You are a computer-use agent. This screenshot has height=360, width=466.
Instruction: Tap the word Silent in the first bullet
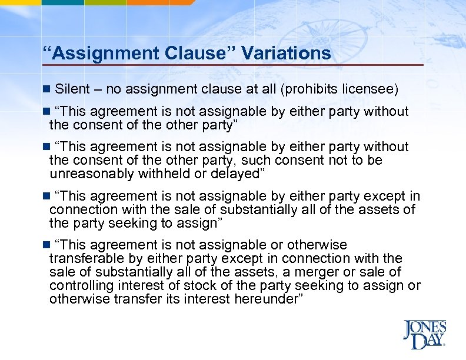coord(72,89)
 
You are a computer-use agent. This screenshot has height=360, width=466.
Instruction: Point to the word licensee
coord(375,89)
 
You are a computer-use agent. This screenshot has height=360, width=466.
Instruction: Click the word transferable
coord(86,258)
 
